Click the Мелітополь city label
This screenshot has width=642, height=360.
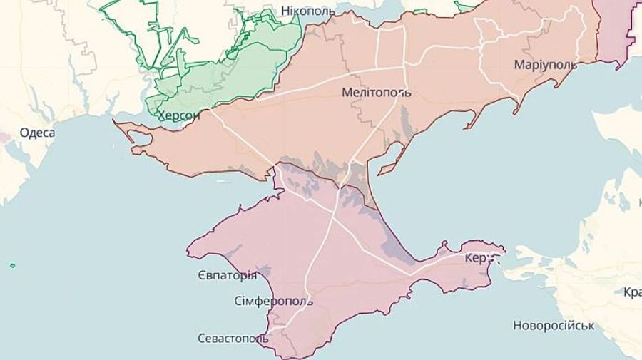(376, 93)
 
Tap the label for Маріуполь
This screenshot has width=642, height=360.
(545, 65)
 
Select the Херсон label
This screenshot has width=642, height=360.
(178, 115)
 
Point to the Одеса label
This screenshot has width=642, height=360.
(37, 133)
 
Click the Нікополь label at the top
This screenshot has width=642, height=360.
(306, 11)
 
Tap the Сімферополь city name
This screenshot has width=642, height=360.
(272, 301)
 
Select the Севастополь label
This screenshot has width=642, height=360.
(233, 338)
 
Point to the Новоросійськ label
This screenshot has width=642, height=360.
(554, 326)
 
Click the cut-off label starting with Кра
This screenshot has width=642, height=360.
(632, 292)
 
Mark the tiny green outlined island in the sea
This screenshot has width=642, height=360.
(12, 266)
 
